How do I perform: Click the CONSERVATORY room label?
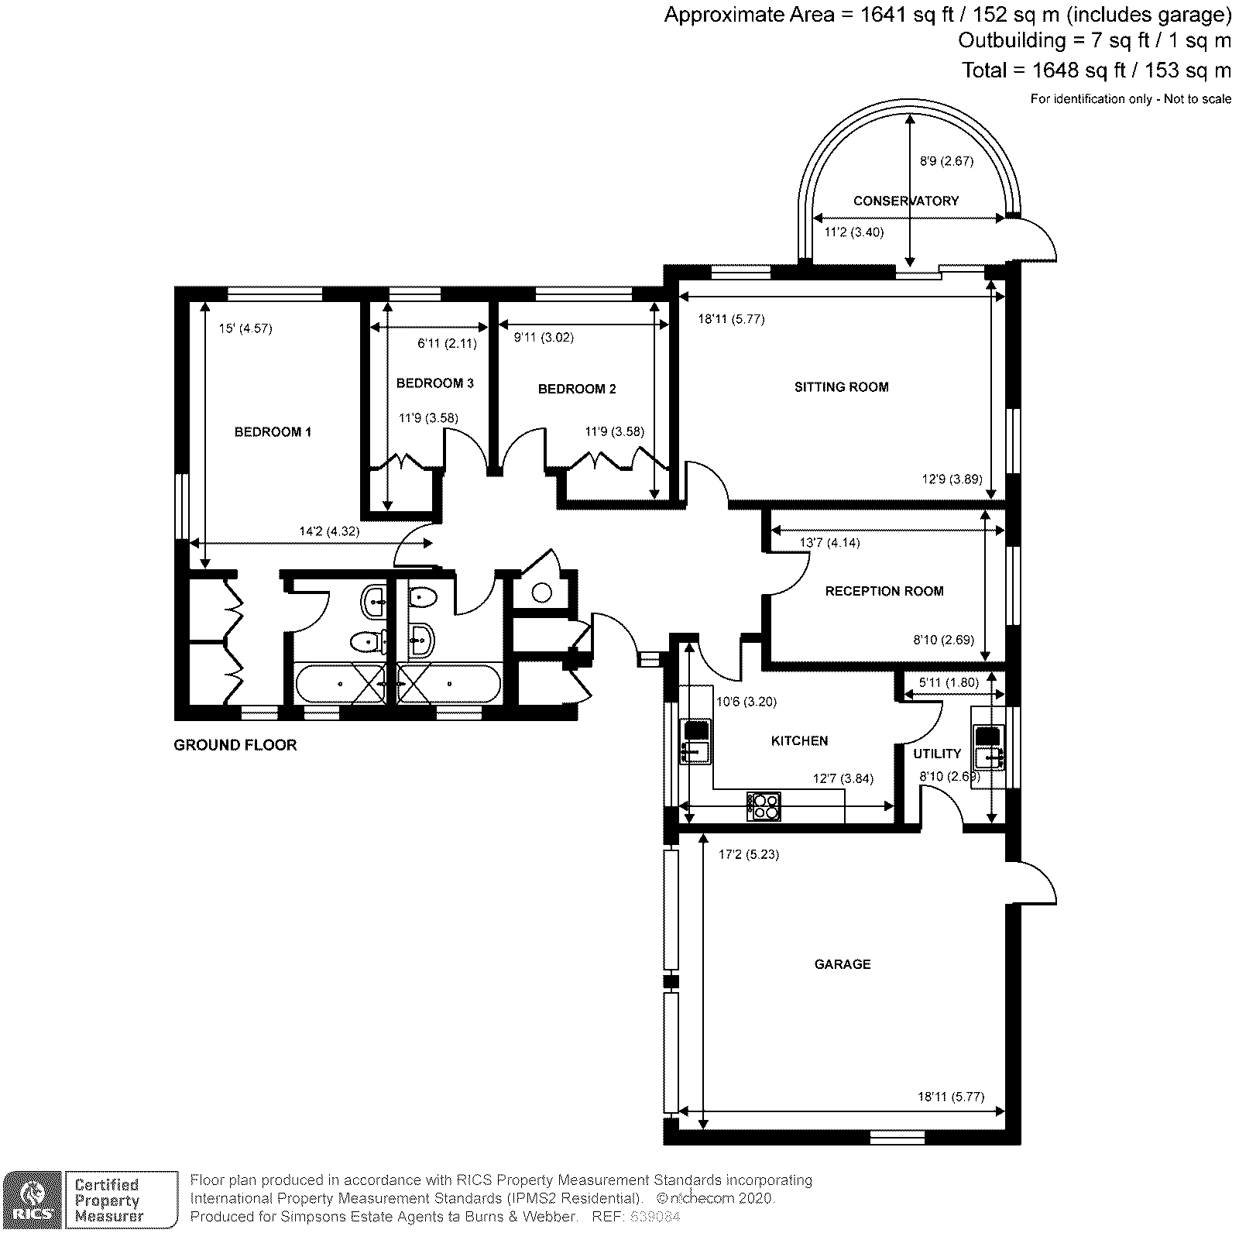905,201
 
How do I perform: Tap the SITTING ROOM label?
841,386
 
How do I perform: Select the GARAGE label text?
842,964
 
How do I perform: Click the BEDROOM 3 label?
434,383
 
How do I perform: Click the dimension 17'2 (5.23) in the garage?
738,854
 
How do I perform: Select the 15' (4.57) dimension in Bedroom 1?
245,328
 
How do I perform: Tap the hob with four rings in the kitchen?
764,805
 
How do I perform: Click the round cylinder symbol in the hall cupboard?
542,592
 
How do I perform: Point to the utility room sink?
989,756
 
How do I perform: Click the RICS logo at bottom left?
32,1199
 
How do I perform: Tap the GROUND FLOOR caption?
235,745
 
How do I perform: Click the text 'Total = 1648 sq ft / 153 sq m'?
1096,70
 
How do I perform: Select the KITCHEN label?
799,740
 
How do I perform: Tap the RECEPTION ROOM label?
884,591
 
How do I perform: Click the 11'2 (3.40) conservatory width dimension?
853,232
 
